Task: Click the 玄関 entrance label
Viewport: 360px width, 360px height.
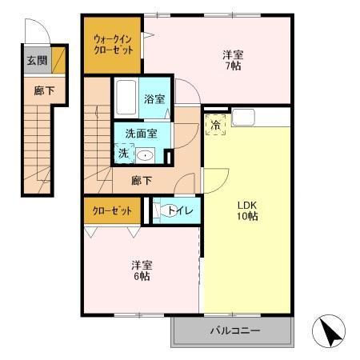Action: click(35, 60)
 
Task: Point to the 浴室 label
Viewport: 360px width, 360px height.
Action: click(154, 99)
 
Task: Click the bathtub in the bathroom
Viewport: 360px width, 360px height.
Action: click(125, 100)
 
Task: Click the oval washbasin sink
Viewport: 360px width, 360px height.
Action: click(145, 156)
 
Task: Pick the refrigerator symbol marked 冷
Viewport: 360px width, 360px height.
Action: click(217, 124)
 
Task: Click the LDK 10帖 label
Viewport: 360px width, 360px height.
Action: click(246, 210)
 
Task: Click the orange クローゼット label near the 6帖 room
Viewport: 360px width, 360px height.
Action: click(112, 212)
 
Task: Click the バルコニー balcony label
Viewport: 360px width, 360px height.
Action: click(232, 330)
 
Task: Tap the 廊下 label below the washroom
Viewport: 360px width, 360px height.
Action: click(142, 181)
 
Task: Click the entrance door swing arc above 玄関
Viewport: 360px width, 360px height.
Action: click(34, 32)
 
